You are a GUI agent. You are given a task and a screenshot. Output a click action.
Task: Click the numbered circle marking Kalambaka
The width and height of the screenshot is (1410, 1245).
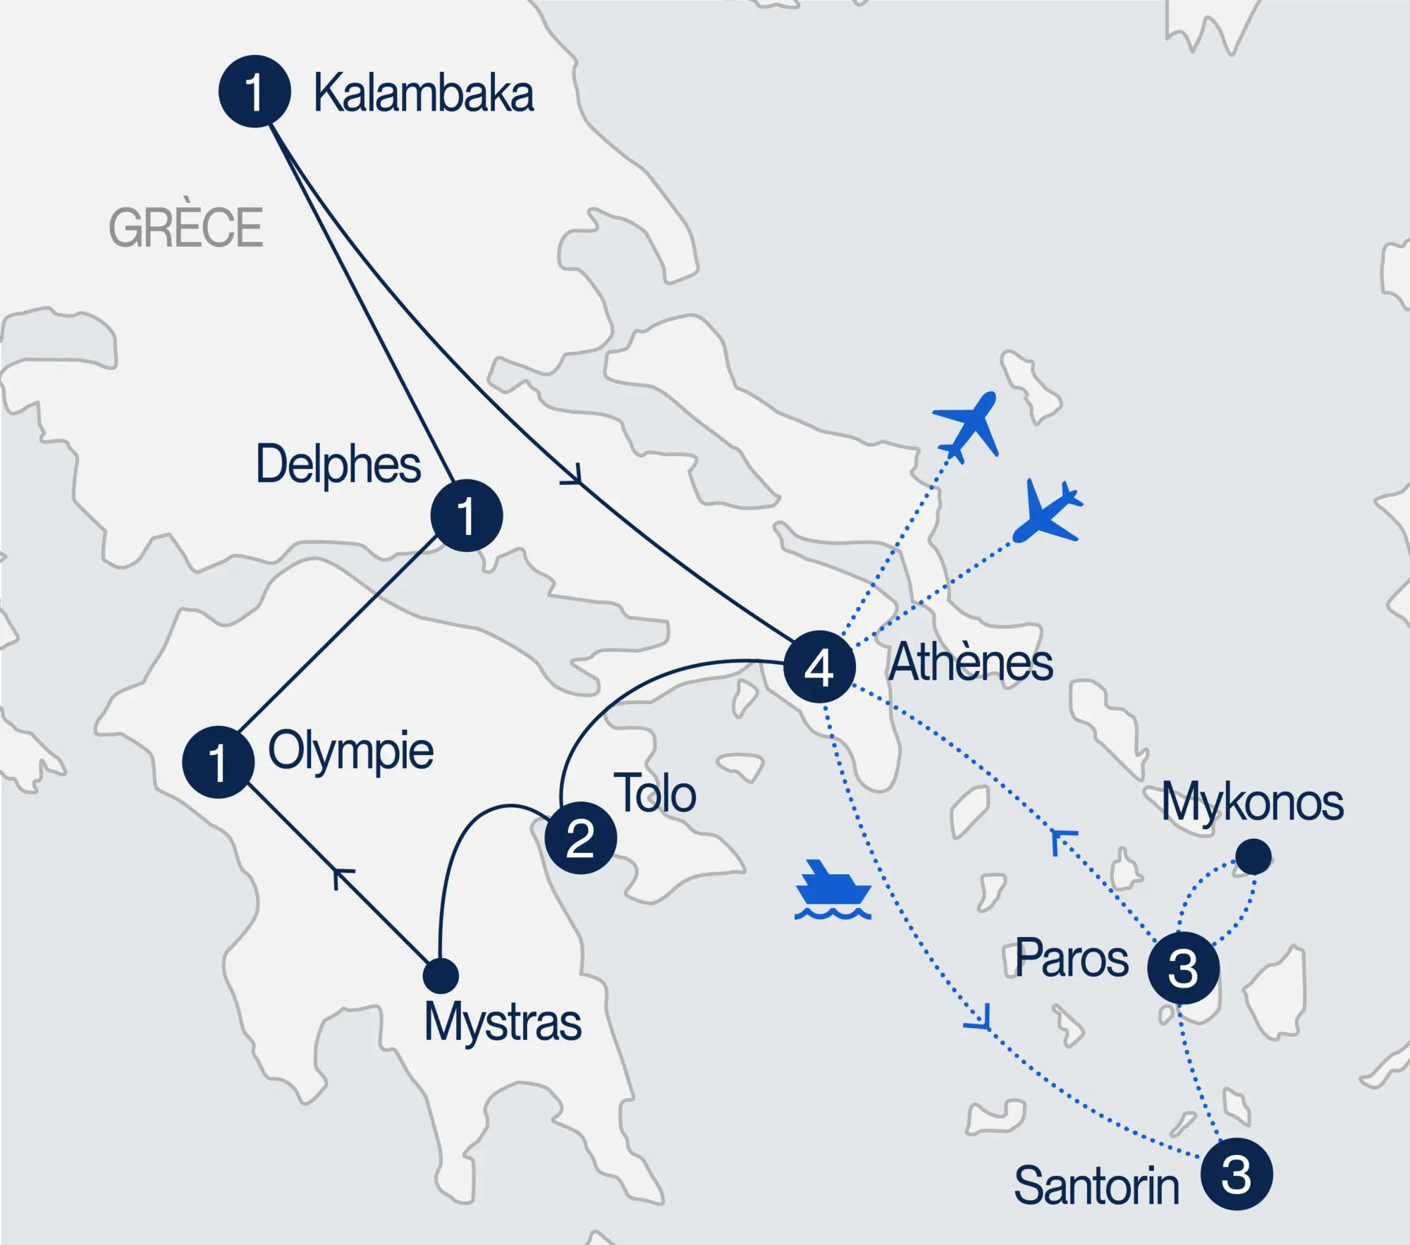(x=255, y=92)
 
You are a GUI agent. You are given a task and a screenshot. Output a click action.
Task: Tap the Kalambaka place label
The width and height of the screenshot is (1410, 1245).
(x=423, y=93)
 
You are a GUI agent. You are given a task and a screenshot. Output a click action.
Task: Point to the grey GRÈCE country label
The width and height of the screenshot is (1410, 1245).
(x=185, y=227)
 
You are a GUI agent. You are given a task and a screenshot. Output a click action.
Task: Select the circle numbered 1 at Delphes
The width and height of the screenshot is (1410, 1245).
(x=466, y=515)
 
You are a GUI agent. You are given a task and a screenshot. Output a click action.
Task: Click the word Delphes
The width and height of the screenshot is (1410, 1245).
(x=338, y=465)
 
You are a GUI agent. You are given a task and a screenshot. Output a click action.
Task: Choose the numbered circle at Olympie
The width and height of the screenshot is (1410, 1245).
(x=218, y=761)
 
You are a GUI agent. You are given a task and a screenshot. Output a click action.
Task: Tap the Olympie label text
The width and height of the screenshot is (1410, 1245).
(x=350, y=752)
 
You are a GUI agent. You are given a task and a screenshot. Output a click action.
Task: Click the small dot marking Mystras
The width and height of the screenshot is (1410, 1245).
(x=441, y=976)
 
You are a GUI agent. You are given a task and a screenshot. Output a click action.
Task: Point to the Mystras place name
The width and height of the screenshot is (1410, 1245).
(x=502, y=1022)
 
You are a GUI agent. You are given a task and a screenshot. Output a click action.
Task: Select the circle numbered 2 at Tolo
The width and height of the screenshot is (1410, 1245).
(x=580, y=838)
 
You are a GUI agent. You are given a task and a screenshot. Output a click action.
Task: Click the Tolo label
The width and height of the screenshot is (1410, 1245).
(x=655, y=794)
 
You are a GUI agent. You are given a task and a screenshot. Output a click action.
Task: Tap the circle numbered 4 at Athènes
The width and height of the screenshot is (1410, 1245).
(x=819, y=666)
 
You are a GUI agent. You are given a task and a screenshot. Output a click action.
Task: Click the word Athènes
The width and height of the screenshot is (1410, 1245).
(x=970, y=663)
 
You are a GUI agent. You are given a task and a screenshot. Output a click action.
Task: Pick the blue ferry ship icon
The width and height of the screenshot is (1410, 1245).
(x=833, y=890)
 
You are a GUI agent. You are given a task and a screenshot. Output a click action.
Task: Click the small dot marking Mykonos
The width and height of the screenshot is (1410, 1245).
(x=1253, y=857)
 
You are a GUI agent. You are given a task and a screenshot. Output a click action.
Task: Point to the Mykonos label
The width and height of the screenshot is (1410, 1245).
(x=1252, y=803)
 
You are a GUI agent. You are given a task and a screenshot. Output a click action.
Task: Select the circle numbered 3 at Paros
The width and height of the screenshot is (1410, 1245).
(x=1183, y=967)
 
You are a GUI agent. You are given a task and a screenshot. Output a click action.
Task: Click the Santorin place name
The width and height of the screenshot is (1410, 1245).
(x=1096, y=1186)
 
